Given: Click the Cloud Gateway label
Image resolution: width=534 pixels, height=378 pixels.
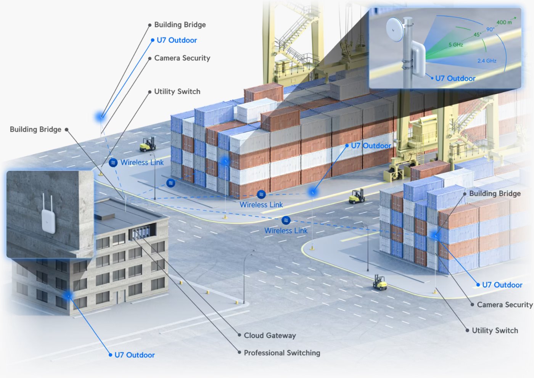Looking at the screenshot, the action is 270,335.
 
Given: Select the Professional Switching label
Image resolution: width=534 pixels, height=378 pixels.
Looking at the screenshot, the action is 282,353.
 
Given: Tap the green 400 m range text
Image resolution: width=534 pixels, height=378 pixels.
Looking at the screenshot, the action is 504,23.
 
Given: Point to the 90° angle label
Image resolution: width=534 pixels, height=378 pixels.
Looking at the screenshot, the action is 491,29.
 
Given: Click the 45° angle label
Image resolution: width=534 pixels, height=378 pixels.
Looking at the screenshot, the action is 477,35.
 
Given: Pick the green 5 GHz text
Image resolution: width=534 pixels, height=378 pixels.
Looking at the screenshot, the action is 456,45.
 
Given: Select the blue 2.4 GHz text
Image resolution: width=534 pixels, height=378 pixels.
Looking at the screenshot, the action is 487,61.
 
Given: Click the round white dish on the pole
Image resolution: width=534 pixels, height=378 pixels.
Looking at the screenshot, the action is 394,30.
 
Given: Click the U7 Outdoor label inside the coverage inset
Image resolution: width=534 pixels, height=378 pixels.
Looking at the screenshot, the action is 455,79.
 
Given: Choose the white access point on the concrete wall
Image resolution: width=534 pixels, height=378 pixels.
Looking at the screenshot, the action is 48,221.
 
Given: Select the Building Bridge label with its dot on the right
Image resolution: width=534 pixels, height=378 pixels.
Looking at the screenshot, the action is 35,129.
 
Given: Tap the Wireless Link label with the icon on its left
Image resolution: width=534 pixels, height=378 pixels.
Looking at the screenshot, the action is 142,162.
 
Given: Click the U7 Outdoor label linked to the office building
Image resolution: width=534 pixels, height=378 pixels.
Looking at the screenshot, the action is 134,355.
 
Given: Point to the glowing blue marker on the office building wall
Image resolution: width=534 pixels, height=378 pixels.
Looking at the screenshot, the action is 68,296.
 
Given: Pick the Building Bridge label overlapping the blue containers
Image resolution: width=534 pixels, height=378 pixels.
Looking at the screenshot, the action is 495,193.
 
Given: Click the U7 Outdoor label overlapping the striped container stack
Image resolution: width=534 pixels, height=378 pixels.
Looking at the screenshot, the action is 371,146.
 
